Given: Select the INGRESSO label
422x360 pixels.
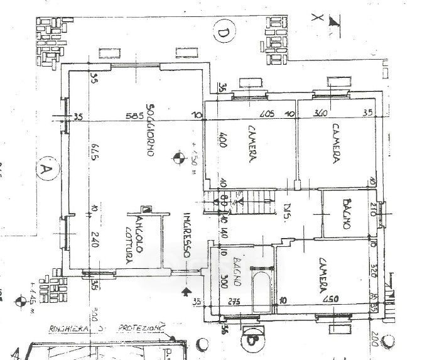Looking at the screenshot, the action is (187, 237).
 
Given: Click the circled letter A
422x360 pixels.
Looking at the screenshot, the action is (45, 170).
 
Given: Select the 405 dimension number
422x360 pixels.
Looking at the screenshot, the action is (265, 114).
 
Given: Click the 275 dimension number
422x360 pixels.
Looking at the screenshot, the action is (235, 300).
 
